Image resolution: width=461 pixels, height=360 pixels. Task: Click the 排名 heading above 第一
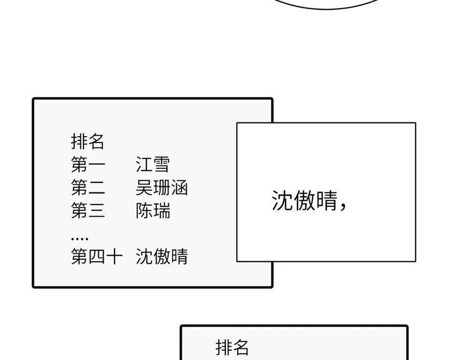pyautogui.click(x=88, y=141)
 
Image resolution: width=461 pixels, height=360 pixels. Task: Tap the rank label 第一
pyautogui.click(x=88, y=164)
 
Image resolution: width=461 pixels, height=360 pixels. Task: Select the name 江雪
pyautogui.click(x=153, y=164)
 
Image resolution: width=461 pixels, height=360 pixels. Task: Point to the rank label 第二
pyautogui.click(x=88, y=187)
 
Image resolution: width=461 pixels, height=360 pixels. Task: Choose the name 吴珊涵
pyautogui.click(x=161, y=187)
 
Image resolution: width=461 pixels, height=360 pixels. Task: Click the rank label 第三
pyautogui.click(x=88, y=210)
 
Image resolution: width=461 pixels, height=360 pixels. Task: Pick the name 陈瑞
pyautogui.click(x=153, y=210)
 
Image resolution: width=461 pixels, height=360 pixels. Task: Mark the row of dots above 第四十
pyautogui.click(x=79, y=239)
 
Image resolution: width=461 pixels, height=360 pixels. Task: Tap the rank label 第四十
pyautogui.click(x=96, y=256)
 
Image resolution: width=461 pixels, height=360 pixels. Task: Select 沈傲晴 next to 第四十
pyautogui.click(x=161, y=256)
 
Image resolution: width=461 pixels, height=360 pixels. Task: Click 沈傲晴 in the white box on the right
pyautogui.click(x=304, y=200)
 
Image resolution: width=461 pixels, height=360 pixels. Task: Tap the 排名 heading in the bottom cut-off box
pyautogui.click(x=232, y=347)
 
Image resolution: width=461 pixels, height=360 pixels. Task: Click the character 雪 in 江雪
pyautogui.click(x=161, y=164)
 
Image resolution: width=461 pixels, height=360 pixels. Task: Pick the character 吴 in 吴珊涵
pyautogui.click(x=144, y=187)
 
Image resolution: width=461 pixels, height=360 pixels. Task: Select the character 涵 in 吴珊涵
pyautogui.click(x=179, y=187)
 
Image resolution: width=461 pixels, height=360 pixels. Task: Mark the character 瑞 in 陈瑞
pyautogui.click(x=162, y=210)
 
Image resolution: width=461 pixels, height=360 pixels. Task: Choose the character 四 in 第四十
pyautogui.click(x=96, y=256)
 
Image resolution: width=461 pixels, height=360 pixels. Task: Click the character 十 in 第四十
pyautogui.click(x=114, y=256)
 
